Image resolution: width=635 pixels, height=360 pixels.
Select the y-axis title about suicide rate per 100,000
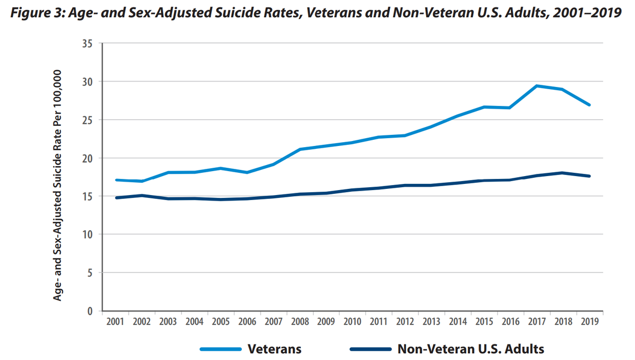(57, 185)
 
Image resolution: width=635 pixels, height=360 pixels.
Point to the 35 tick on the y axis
(87, 43)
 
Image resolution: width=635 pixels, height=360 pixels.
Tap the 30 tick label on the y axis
(87, 82)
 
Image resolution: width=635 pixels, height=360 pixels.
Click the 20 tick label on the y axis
(87, 158)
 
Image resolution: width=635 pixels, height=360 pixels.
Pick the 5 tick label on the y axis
(90, 273)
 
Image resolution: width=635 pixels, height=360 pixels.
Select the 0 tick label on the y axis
(90, 311)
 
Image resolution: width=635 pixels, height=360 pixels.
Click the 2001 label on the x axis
(115, 322)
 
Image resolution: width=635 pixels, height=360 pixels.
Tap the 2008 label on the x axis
(300, 322)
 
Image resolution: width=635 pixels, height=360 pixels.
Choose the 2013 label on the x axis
(432, 322)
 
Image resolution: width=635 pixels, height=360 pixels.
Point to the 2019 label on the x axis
(590, 322)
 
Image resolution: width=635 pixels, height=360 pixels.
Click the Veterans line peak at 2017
(537, 86)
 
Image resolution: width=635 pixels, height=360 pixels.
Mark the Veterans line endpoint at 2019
(590, 105)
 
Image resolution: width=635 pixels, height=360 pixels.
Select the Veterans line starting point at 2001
(115, 180)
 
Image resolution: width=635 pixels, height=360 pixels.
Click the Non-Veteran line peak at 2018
(563, 173)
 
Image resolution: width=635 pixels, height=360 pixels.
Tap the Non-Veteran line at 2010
(352, 190)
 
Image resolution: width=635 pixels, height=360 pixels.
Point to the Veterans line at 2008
(300, 149)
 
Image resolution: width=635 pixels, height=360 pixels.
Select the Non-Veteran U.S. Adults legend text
(471, 349)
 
